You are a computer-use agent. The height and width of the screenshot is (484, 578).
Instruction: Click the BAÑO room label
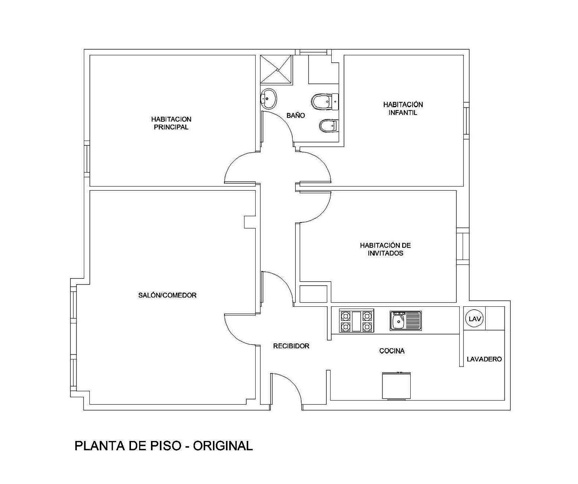[x=296, y=115]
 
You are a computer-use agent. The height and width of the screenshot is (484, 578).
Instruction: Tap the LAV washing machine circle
[x=474, y=319]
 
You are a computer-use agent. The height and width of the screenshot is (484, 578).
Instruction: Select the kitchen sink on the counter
[x=406, y=320]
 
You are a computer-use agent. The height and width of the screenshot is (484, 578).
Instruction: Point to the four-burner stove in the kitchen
[x=357, y=321]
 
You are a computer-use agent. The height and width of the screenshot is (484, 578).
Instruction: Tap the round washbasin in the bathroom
[x=268, y=99]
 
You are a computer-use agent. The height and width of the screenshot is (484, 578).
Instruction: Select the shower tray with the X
[x=276, y=69]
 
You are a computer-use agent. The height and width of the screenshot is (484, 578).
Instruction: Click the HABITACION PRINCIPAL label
[x=171, y=123]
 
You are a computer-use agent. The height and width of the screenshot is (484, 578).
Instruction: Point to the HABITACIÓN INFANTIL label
[x=403, y=108]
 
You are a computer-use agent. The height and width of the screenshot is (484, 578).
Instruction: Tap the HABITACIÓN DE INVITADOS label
[x=385, y=249]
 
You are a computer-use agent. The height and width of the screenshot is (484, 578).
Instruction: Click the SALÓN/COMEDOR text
[x=167, y=295]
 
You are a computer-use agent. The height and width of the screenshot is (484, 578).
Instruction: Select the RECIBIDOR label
[x=291, y=346]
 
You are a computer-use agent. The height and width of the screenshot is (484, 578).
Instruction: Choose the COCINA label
[x=392, y=351]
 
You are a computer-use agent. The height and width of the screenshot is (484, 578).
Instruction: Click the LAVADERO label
[x=484, y=359]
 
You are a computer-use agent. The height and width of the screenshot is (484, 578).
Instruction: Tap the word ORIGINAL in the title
[x=223, y=446]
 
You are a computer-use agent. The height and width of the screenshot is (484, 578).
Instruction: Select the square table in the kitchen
[x=396, y=386]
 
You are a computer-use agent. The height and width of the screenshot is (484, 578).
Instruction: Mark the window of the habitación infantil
[x=466, y=121]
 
